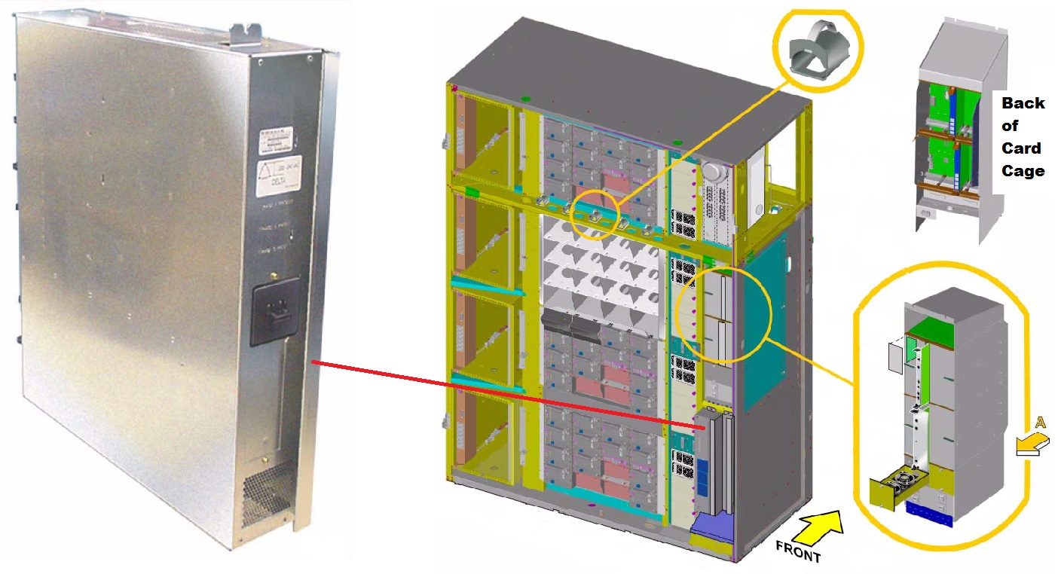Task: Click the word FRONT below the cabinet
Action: tap(798, 552)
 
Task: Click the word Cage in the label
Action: tap(1023, 171)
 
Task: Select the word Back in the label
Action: tap(1023, 103)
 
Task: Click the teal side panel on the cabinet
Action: tap(764, 324)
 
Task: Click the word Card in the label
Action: tap(1022, 148)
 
